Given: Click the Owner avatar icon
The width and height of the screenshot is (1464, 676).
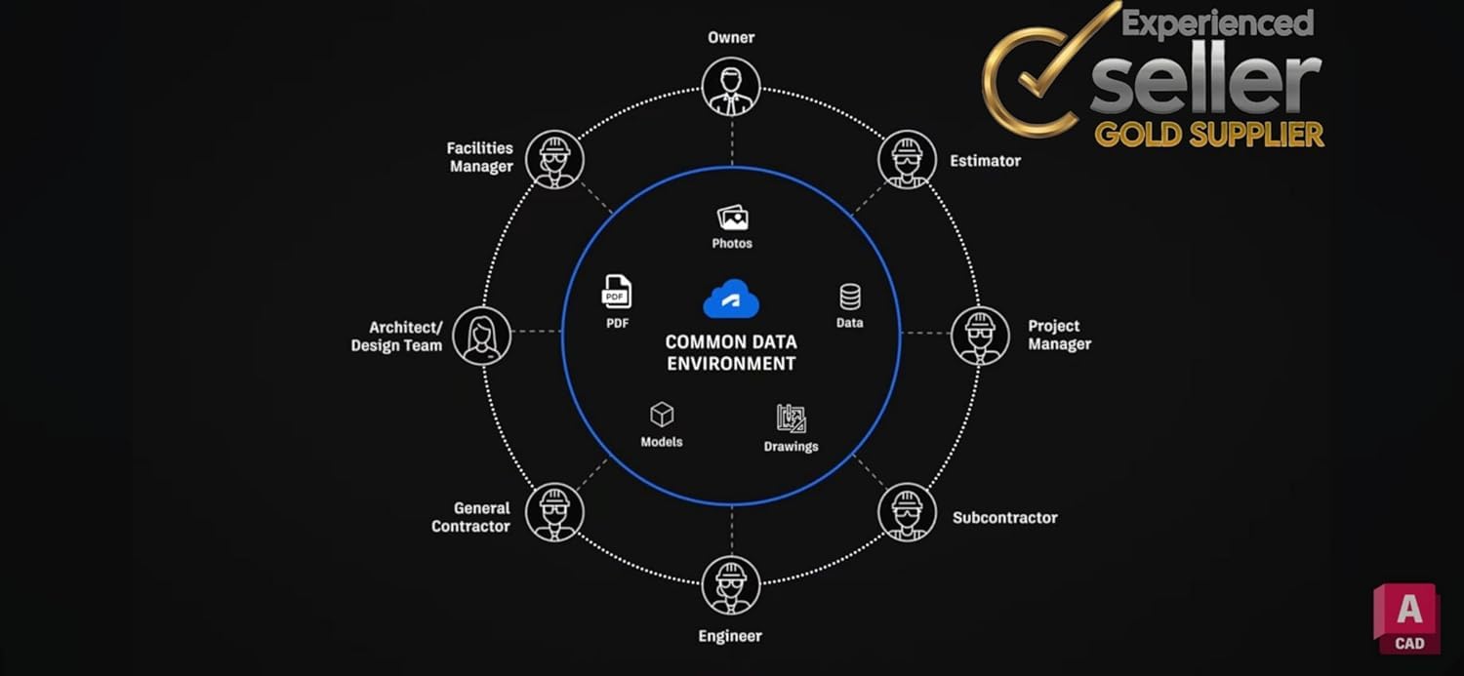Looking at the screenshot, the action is point(731,87).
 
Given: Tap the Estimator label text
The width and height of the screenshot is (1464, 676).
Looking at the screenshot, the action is point(985,161).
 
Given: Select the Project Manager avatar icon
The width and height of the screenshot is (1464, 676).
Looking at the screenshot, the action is point(980,336).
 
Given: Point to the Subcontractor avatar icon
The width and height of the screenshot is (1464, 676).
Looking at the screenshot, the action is point(907,512).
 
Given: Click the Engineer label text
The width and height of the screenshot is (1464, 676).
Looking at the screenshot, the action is point(730,636).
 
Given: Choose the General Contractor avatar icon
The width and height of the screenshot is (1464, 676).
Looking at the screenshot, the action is point(555,512).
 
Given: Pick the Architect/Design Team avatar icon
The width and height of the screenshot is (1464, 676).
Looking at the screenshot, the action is point(482,336).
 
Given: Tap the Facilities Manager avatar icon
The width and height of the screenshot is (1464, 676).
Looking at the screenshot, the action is point(555,159).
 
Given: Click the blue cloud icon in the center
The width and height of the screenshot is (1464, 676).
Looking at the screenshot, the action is point(731,299).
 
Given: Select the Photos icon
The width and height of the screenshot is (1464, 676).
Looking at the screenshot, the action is point(733,218).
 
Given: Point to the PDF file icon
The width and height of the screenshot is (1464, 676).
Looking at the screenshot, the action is point(616,292).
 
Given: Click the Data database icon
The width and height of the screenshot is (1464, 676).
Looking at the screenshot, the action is point(850,298).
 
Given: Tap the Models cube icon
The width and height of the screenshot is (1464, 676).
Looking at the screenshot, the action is point(662,415).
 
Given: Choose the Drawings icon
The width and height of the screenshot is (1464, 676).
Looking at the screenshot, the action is point(792,418).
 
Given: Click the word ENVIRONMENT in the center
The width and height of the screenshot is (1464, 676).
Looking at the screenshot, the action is point(731,364).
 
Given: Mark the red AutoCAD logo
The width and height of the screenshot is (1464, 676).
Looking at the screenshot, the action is point(1407,618).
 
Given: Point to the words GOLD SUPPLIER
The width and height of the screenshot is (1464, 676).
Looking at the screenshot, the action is point(1210,135).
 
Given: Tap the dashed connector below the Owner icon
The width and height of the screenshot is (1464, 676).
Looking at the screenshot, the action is point(731,141).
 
